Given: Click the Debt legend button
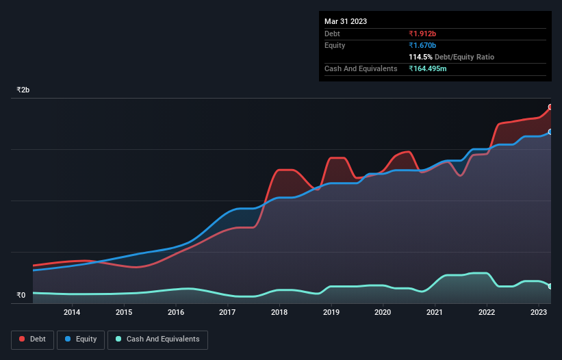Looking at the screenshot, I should pos(31,339).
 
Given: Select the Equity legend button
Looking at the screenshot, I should pos(81,339).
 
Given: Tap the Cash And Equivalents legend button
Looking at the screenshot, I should pos(157,339).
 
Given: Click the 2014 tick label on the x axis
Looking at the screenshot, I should pos(72,313).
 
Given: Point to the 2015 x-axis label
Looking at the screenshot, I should pos(124,313).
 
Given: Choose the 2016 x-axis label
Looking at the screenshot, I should pos(176,313).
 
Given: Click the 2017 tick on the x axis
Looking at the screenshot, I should pos(227,313).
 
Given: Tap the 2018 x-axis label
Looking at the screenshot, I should pos(279,313).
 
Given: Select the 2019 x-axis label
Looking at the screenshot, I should pos(331,313).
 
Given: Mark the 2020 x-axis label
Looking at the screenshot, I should pos(383,313).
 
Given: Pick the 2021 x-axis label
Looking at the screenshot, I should pos(435,313).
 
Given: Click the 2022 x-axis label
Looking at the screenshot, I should pos(487,313).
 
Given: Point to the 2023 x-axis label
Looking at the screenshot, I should pos(538,313).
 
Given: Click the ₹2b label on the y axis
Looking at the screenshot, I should pos(23,90).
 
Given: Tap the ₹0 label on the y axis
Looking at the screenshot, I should pos(21,296).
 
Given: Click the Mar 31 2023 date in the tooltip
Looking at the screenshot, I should pos(346,21).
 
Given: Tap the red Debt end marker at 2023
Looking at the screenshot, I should pos(550,107).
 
